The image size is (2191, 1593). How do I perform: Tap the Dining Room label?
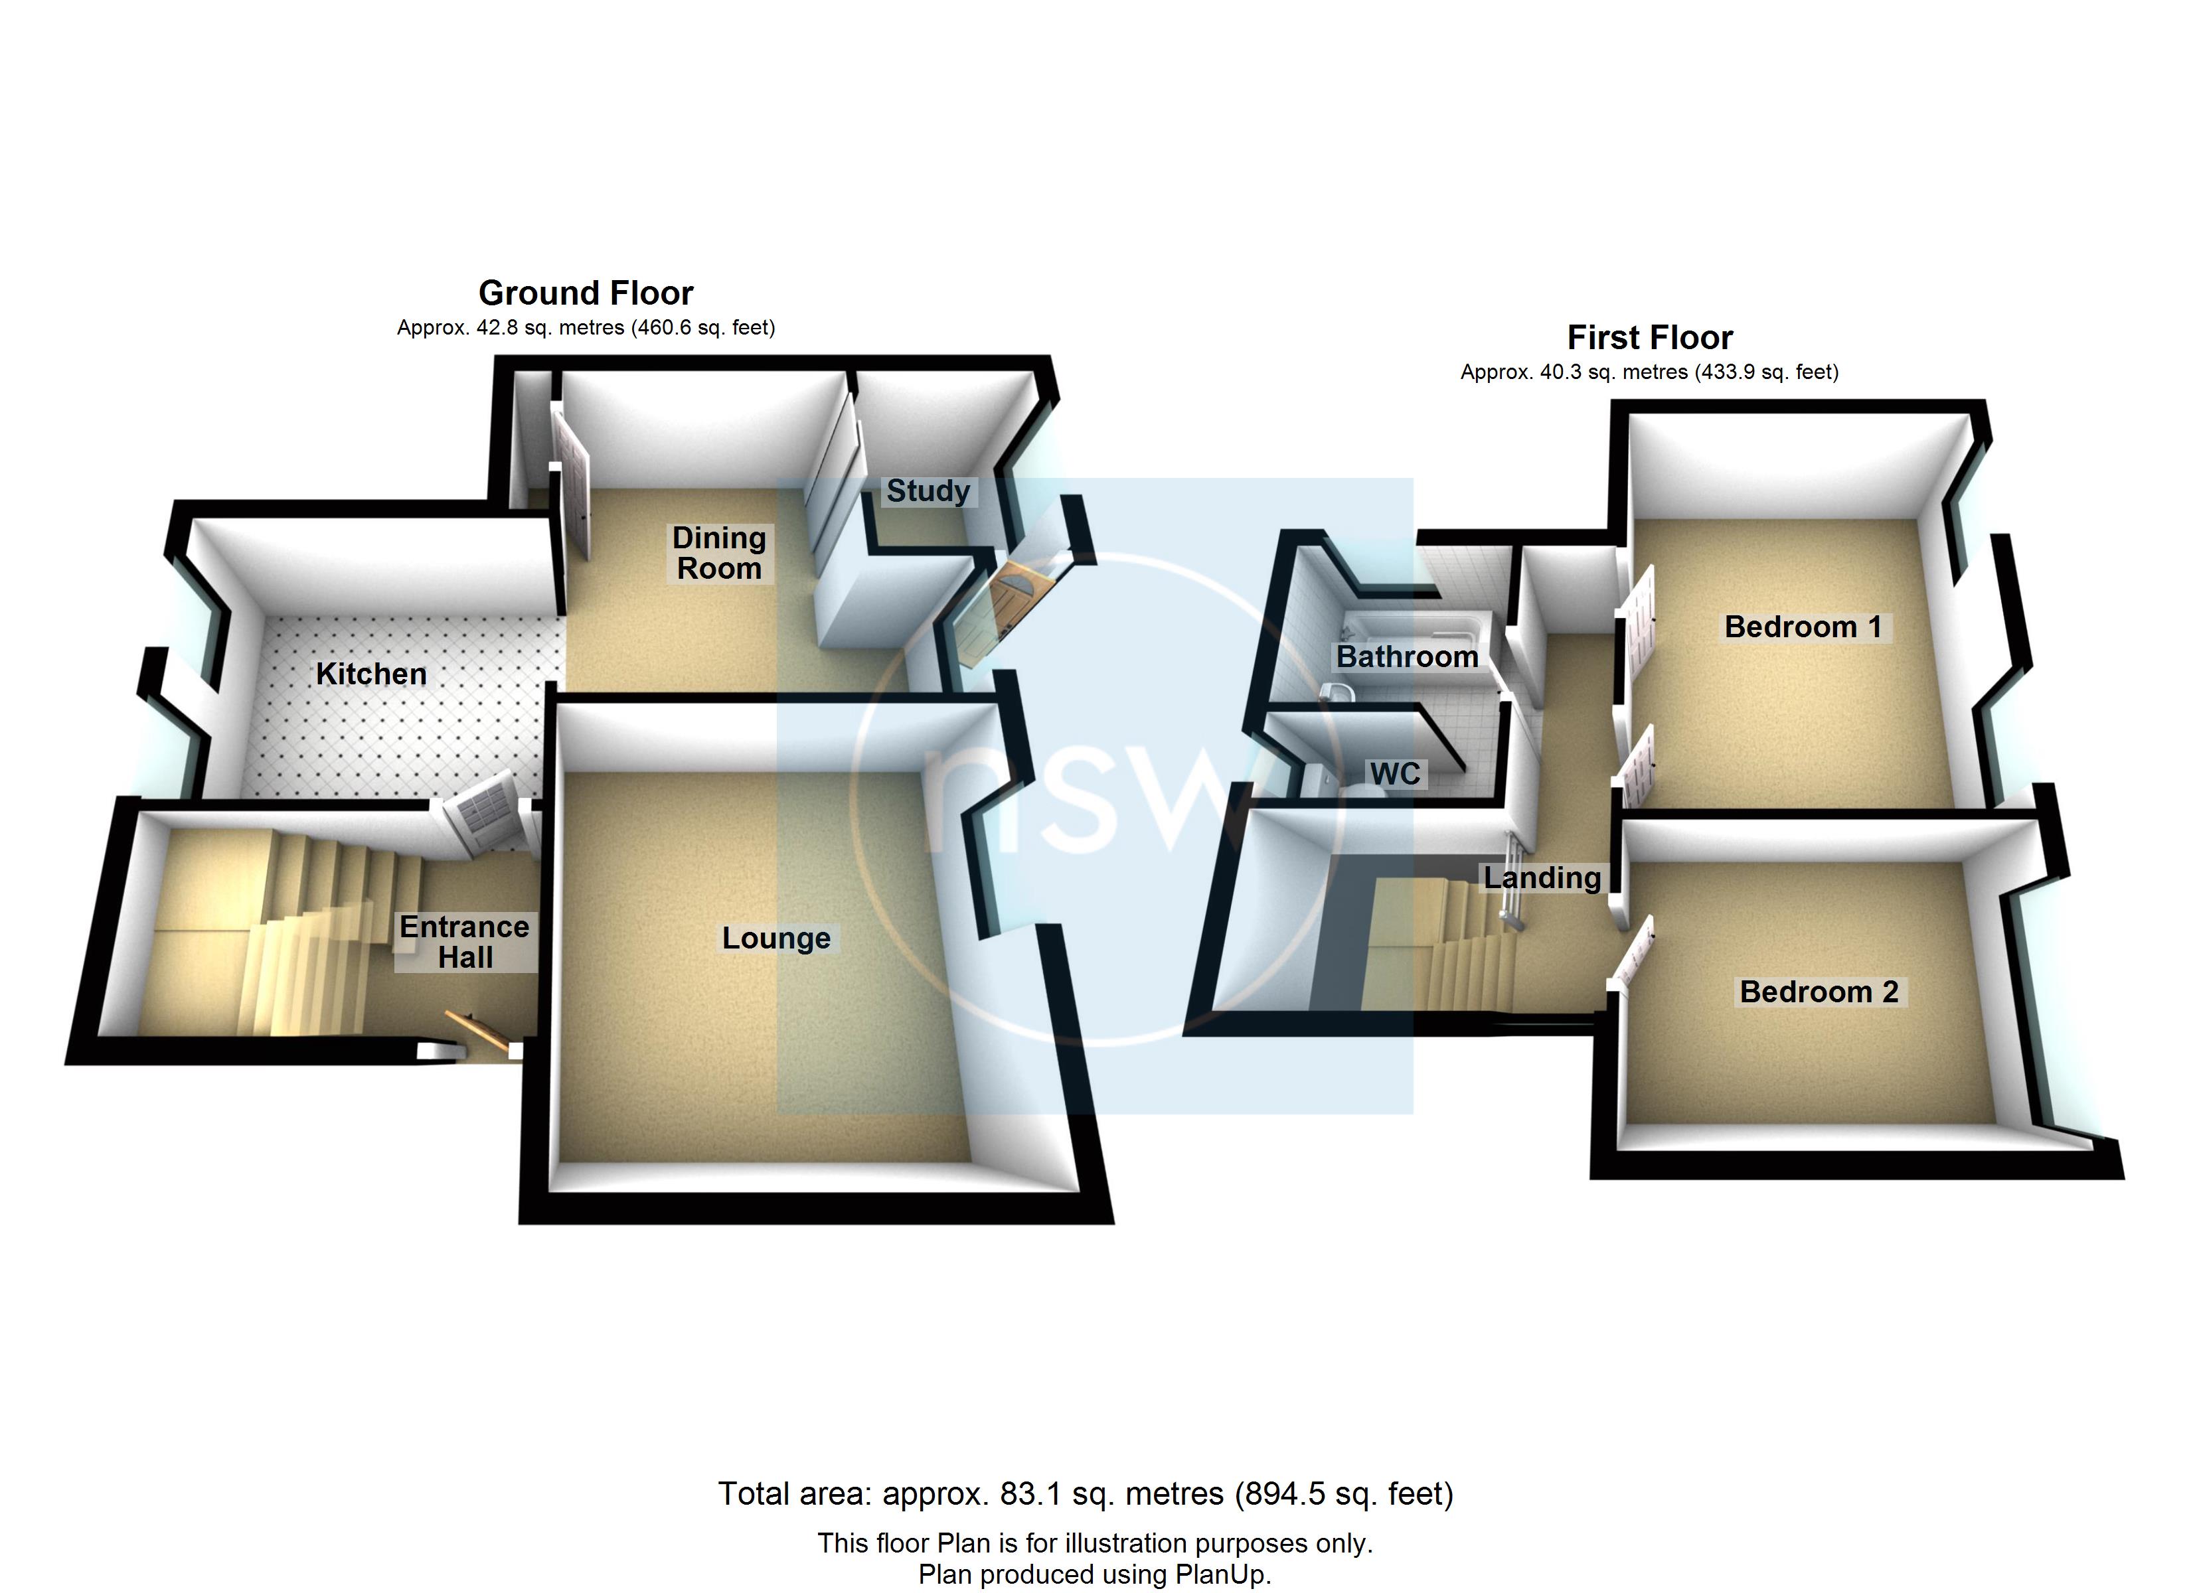tap(719, 553)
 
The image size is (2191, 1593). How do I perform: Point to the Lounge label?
tap(775, 938)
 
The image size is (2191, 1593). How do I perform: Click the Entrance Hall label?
tap(465, 942)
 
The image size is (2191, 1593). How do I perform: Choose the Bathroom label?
tap(1407, 657)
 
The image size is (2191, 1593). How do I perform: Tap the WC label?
tap(1395, 774)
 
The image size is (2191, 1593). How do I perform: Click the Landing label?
tap(1542, 877)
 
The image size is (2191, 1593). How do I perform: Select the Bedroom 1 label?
tap(1803, 627)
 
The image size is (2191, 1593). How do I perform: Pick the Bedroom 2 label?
tap(1819, 992)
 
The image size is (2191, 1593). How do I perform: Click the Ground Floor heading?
tap(586, 293)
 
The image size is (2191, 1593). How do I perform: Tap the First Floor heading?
tap(1649, 337)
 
